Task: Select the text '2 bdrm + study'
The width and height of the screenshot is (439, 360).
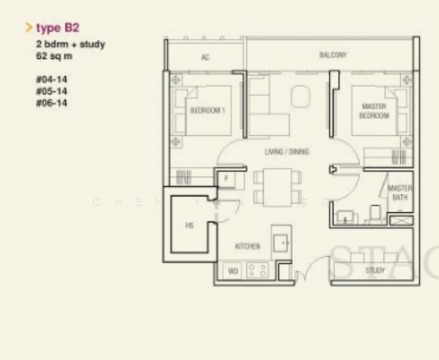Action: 70,44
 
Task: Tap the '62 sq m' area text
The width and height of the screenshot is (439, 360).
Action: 54,56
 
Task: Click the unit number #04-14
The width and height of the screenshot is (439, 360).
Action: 52,79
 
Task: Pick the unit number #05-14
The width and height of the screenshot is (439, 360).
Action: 52,91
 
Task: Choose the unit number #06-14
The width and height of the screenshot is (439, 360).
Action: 52,103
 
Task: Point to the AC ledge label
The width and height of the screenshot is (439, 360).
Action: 205,58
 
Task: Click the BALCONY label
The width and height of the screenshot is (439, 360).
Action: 333,55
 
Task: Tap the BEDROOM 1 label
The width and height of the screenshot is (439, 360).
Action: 208,110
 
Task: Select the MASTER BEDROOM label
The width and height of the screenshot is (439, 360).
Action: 374,111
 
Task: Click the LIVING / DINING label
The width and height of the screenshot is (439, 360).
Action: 287,152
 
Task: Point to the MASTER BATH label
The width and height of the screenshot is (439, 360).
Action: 400,193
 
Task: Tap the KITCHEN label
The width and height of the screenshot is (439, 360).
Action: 247,247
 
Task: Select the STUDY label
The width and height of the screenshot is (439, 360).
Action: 375,271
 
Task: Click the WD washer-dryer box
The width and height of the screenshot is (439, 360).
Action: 233,271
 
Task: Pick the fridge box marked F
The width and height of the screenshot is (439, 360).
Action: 227,179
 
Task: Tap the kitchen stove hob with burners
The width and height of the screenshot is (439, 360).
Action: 258,271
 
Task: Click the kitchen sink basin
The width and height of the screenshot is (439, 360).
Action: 282,242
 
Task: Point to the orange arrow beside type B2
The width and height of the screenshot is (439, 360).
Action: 28,28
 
